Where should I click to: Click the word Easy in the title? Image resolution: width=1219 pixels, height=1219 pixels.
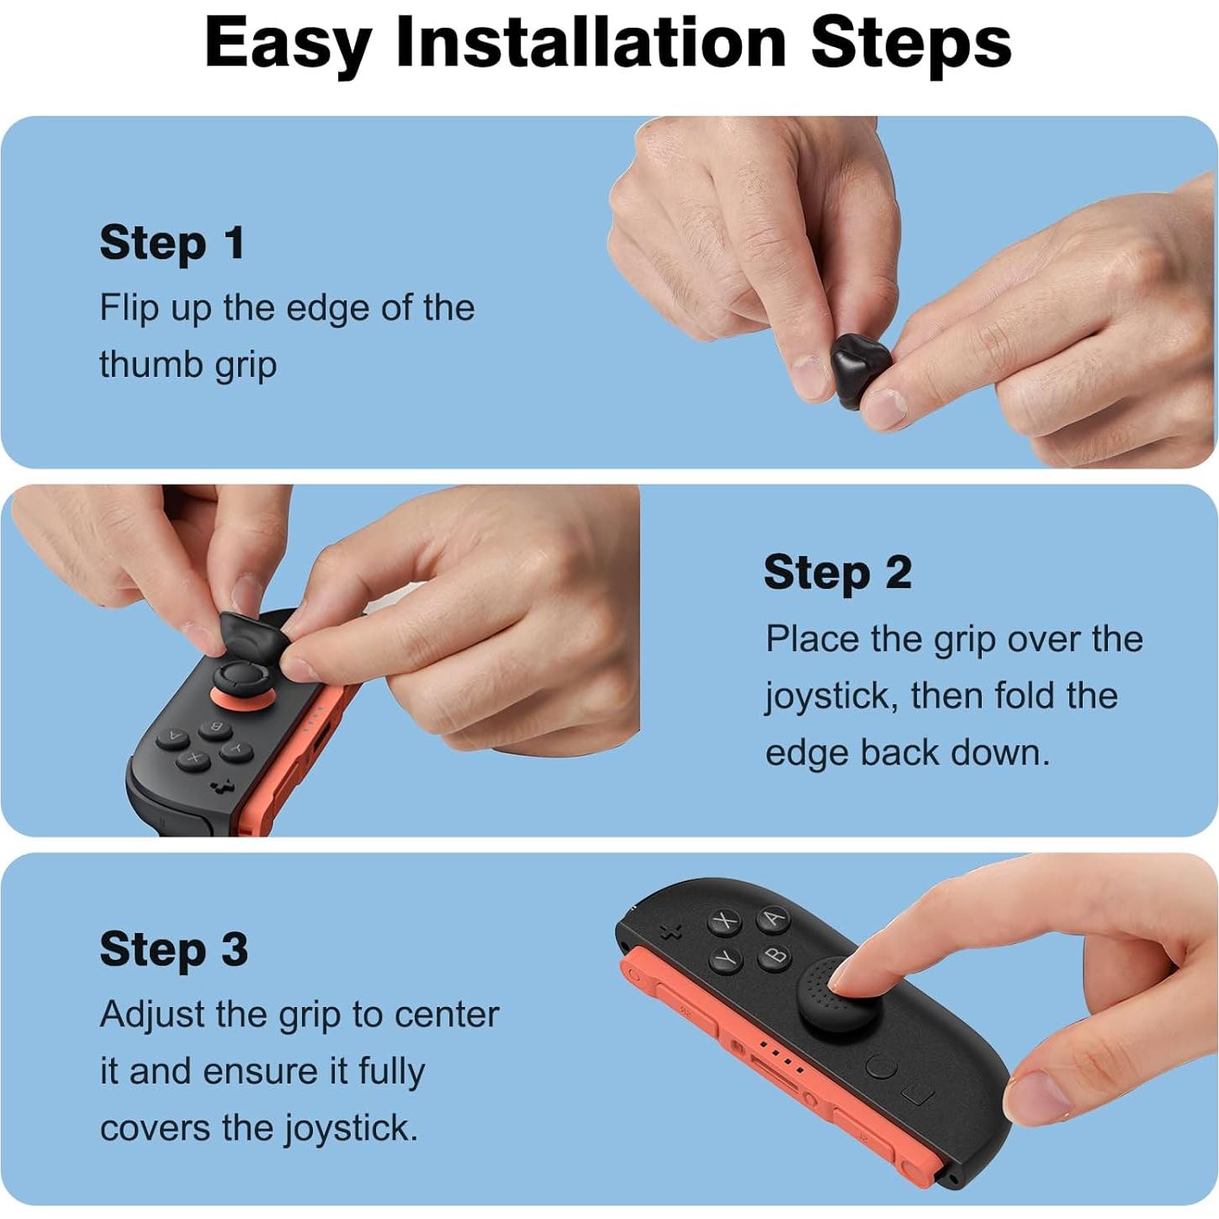click(x=287, y=44)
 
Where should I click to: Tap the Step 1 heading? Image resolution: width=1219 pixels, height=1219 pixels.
click(x=172, y=243)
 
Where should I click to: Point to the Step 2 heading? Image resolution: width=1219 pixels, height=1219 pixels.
click(x=837, y=573)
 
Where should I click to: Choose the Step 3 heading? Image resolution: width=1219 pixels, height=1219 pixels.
click(x=173, y=949)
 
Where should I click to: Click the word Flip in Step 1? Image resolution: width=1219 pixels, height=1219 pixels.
click(x=129, y=308)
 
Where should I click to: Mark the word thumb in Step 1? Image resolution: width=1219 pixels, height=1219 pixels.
click(x=148, y=365)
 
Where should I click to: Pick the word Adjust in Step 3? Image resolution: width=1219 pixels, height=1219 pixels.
click(x=152, y=1015)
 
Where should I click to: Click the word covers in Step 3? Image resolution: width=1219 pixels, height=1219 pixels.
click(x=155, y=1128)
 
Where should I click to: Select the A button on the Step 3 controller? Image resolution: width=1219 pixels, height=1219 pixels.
click(x=773, y=918)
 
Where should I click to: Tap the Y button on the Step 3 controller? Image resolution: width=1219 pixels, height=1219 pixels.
click(x=727, y=958)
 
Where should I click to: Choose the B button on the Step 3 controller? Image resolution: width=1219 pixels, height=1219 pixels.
click(x=776, y=956)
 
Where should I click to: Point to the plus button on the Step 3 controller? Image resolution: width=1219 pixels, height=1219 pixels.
click(x=671, y=932)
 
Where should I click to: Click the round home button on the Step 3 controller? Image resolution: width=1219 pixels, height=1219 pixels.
click(x=881, y=1068)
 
